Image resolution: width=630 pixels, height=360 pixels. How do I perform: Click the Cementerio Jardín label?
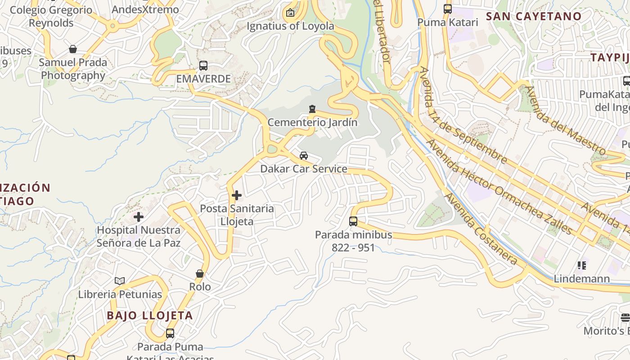312,122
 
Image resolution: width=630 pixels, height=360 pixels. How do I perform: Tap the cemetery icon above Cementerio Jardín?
312,109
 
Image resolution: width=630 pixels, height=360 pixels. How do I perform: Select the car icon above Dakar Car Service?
304,156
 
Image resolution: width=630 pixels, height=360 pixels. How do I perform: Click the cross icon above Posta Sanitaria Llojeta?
237,195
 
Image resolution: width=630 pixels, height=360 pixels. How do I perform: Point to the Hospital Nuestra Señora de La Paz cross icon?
139,217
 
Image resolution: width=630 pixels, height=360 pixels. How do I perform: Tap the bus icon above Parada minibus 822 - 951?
353,221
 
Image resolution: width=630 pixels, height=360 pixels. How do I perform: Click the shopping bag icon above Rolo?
200,274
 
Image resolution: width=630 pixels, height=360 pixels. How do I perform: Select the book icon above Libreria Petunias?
120,281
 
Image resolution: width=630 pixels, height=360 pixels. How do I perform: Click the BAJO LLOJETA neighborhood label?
150,315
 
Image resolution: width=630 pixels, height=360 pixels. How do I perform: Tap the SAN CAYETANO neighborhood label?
534,16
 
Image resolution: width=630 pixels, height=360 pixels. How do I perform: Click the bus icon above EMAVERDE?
203,66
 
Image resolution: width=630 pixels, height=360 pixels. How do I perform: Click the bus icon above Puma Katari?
448,9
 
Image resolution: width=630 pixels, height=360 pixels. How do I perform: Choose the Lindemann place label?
581,279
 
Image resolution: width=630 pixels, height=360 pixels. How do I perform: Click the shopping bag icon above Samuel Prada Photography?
73,49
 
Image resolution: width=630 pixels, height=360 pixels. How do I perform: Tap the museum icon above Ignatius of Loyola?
290,13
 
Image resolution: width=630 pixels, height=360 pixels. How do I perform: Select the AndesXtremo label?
145,9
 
